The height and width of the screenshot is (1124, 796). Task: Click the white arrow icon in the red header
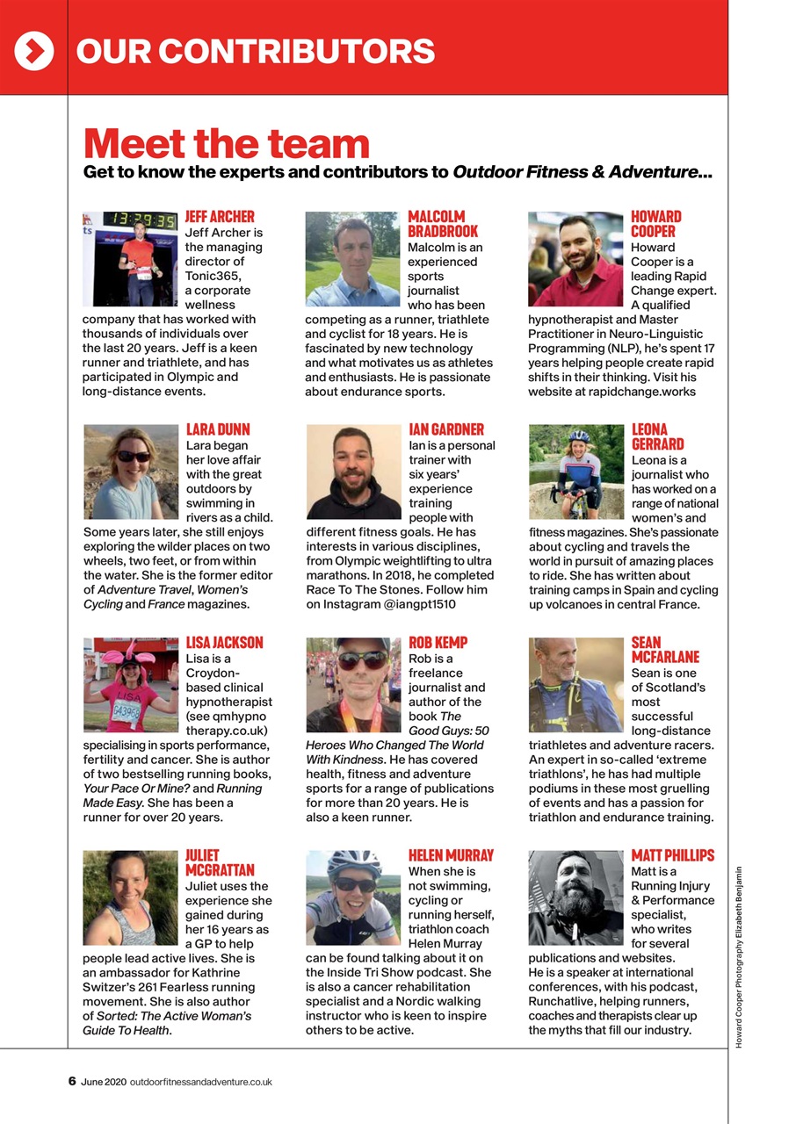[x=33, y=52]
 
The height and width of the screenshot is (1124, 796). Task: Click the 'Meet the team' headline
[x=226, y=143]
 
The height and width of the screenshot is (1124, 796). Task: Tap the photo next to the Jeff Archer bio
[x=130, y=259]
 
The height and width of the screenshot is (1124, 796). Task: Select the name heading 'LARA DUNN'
[x=218, y=429]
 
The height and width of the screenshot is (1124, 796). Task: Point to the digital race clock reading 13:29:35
[x=141, y=220]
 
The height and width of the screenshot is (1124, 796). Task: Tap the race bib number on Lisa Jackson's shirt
[x=126, y=711]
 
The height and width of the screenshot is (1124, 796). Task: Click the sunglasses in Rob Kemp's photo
[x=361, y=659]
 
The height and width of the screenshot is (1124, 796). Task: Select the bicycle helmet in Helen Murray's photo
[x=354, y=863]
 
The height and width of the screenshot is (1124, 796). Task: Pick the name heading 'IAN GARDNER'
[x=446, y=429]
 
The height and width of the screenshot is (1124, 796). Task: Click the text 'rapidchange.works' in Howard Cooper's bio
[x=644, y=392]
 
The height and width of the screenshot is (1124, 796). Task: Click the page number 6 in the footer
[x=72, y=1081]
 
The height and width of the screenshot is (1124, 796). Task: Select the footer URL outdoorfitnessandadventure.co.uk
[x=200, y=1082]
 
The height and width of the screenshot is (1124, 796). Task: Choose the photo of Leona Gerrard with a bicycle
[x=576, y=472]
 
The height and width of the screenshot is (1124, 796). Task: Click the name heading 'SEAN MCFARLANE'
[x=665, y=650]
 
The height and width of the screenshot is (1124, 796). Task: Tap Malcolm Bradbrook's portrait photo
[x=353, y=259]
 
